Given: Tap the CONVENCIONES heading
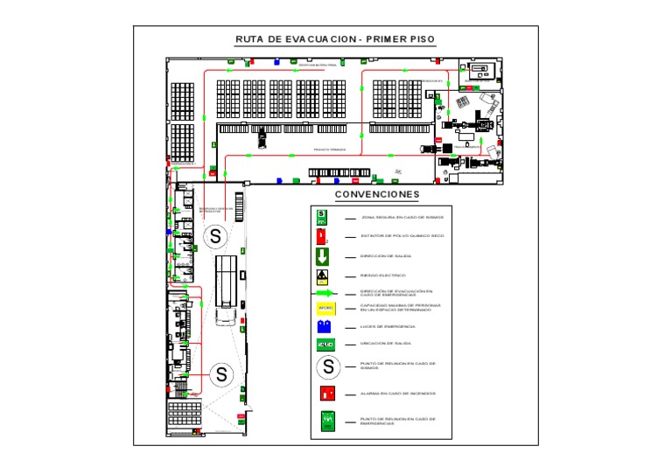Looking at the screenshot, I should pyautogui.click(x=377, y=194).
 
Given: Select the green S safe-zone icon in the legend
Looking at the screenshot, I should pyautogui.click(x=321, y=215).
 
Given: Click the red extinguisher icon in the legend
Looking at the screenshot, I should pyautogui.click(x=321, y=235).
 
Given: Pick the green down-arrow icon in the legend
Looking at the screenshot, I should pyautogui.click(x=322, y=256).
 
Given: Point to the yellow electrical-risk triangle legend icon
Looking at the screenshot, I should pyautogui.click(x=322, y=276).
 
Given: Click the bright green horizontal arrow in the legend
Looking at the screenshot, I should pyautogui.click(x=323, y=294).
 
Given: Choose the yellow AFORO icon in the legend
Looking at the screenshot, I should pyautogui.click(x=325, y=308).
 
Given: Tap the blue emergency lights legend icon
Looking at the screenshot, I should pyautogui.click(x=324, y=326).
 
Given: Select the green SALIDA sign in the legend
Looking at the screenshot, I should pyautogui.click(x=325, y=344).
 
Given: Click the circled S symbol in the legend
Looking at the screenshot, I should pyautogui.click(x=327, y=366).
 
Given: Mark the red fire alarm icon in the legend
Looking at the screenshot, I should pyautogui.click(x=327, y=394).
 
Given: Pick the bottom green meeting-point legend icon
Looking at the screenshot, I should pyautogui.click(x=327, y=421).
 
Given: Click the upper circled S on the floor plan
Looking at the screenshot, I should pyautogui.click(x=215, y=236).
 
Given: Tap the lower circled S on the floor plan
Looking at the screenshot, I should pyautogui.click(x=221, y=374).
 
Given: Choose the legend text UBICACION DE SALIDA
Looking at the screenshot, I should pyautogui.click(x=386, y=344).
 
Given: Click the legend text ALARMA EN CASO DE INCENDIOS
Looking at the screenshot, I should pyautogui.click(x=398, y=394).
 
